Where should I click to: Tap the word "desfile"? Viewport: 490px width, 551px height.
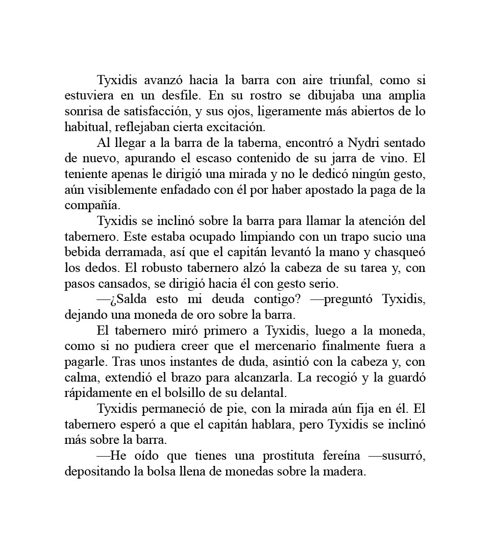[182, 96]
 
